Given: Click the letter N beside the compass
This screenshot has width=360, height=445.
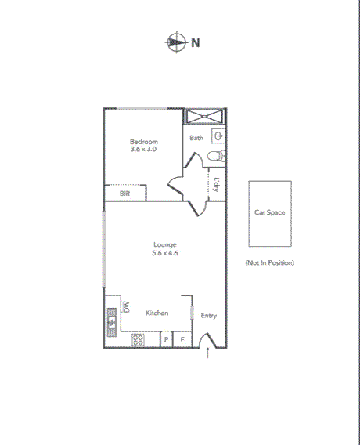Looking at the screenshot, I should click(x=196, y=42).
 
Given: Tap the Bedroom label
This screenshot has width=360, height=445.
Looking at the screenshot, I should click(x=144, y=142).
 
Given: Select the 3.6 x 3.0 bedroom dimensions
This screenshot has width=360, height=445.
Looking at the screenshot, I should click(x=144, y=149).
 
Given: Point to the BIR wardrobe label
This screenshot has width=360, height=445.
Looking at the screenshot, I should click(x=124, y=193).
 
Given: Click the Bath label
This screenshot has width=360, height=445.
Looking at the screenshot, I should click(x=196, y=138).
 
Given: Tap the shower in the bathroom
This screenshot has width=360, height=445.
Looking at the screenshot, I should click(x=204, y=117).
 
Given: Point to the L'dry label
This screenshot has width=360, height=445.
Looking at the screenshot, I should click(x=216, y=186).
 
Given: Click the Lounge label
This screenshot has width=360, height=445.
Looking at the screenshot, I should click(x=164, y=244).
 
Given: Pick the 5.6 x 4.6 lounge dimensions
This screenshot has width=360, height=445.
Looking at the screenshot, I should click(x=164, y=253).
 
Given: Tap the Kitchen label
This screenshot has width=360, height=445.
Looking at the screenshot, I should click(x=157, y=313).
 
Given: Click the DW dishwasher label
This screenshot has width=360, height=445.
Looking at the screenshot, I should click(x=125, y=304).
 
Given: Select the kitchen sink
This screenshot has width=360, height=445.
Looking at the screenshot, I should click(x=111, y=319).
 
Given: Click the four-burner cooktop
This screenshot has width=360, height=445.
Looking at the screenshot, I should click(x=138, y=339).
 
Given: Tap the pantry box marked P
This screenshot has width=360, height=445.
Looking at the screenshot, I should click(x=166, y=339).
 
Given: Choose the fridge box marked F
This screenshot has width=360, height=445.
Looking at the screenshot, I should click(x=182, y=339).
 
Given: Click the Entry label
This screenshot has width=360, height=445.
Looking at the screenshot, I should click(x=209, y=316).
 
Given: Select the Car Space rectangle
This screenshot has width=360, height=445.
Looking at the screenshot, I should click(x=270, y=212).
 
